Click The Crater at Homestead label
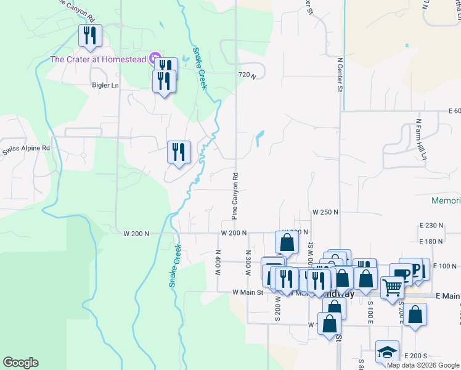click(x=97, y=59)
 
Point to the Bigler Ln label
click(x=105, y=85)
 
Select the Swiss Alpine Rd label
click(x=25, y=149)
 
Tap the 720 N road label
click(x=247, y=75)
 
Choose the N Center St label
click(x=340, y=74)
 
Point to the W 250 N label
click(x=325, y=212)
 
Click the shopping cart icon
click(x=392, y=286)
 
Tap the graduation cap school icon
click(x=387, y=352)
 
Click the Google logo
click(x=20, y=363)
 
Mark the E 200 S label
click(x=416, y=356)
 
